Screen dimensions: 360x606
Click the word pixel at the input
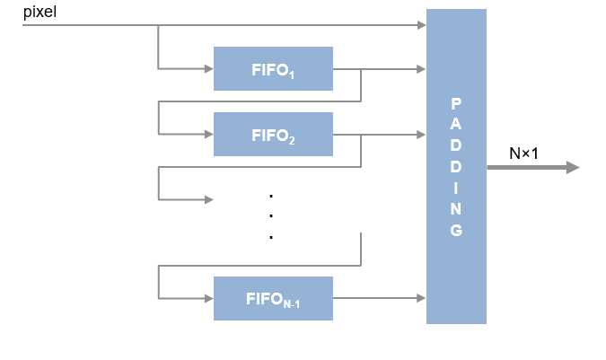[x=40, y=13]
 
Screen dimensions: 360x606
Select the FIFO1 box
[x=273, y=68]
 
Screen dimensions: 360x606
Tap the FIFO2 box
[x=273, y=135]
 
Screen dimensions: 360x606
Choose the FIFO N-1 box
[x=273, y=299]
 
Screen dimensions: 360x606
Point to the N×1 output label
[x=523, y=154]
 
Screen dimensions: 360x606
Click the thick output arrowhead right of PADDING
[x=572, y=168]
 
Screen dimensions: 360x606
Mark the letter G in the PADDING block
[x=456, y=231]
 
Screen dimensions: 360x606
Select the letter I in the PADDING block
[x=456, y=188]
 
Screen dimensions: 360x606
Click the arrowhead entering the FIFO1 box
[x=209, y=68]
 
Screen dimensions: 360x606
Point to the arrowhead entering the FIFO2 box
[x=209, y=135]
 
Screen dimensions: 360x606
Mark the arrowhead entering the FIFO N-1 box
[x=209, y=299]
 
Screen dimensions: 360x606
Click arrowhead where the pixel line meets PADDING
[x=422, y=25]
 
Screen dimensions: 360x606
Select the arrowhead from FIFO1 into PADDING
[x=422, y=68]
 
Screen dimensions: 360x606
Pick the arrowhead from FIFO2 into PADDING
[x=422, y=135]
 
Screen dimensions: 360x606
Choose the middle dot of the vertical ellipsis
[x=270, y=216]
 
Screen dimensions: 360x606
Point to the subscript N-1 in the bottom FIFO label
[x=291, y=304]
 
